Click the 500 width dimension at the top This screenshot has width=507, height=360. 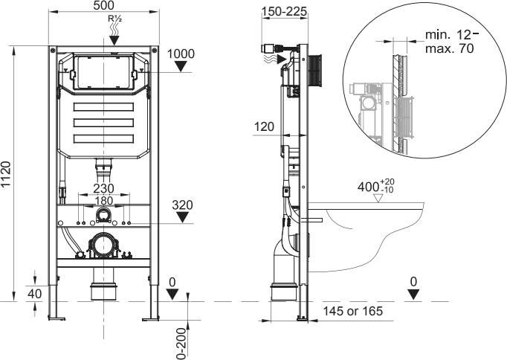pos(103,7)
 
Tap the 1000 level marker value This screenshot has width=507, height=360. pos(181,54)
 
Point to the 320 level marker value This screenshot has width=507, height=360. pos(182,205)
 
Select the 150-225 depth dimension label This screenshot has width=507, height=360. pos(285,11)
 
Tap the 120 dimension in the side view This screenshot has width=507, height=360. pos(263,127)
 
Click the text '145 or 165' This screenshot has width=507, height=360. pos(353,312)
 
